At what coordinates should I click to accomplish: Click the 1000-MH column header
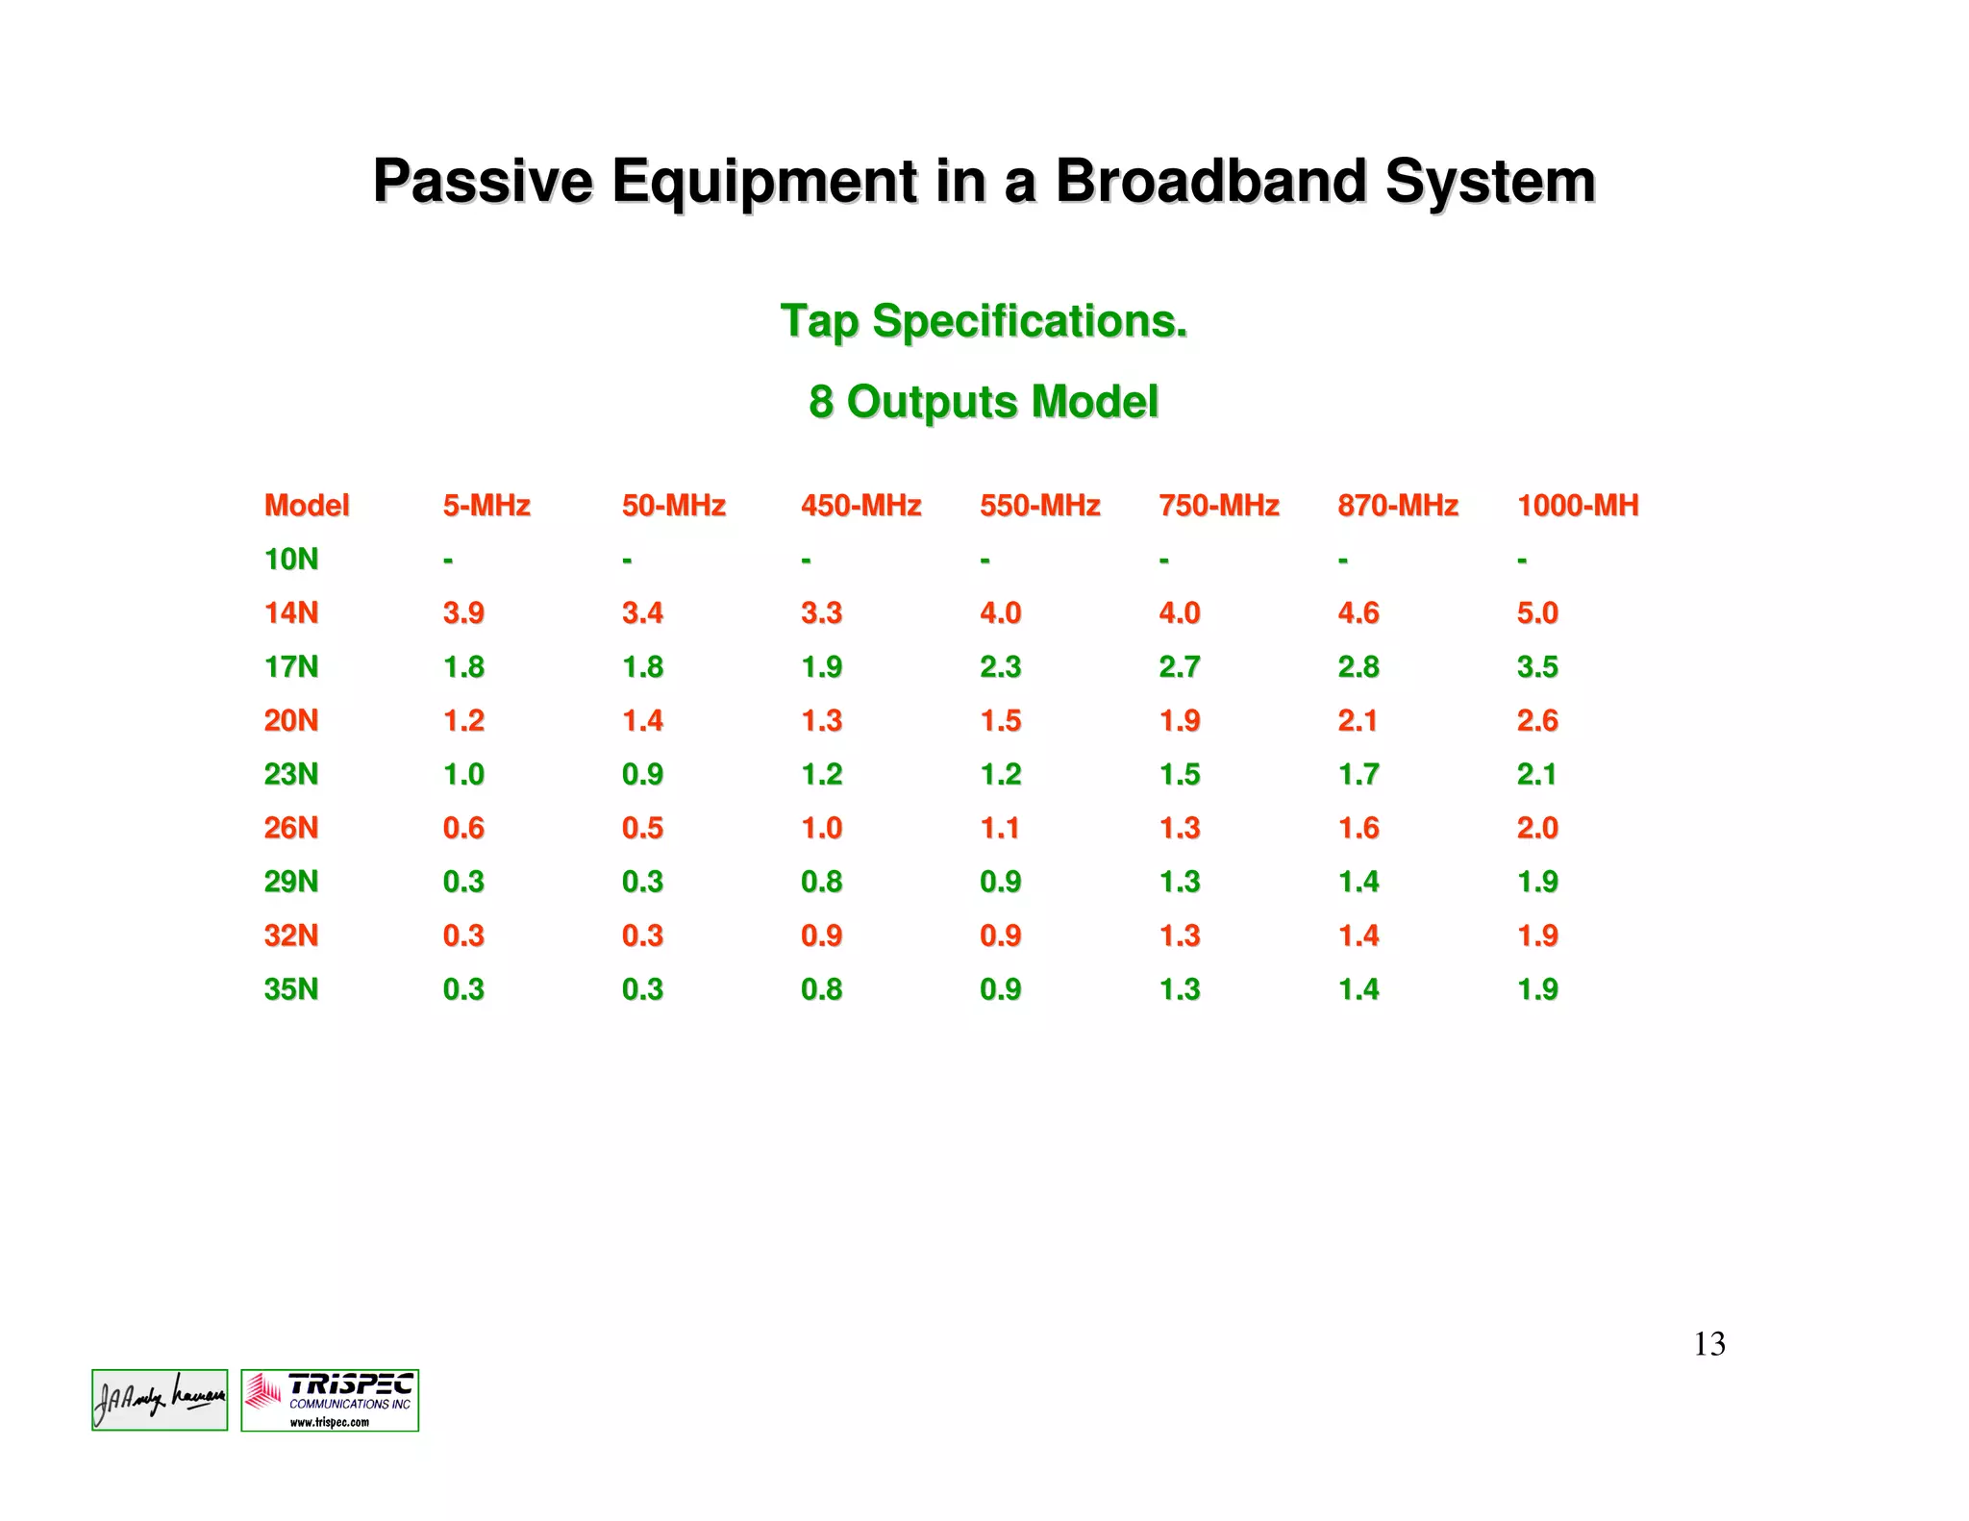[1577, 506]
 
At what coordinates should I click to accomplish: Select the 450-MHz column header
[860, 506]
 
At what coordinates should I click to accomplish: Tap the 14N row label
[290, 613]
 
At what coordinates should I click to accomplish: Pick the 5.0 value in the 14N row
[1536, 613]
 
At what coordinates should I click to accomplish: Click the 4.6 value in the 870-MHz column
[1358, 613]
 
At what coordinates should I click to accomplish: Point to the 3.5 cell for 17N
[1536, 667]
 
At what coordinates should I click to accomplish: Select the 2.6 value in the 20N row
[1536, 721]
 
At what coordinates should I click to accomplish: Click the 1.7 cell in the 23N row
[1358, 775]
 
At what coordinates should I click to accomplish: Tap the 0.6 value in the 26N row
[462, 829]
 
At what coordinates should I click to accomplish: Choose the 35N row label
[290, 989]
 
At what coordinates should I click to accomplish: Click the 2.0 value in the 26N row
[1536, 829]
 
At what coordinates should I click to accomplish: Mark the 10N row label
[290, 560]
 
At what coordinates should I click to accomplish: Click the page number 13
[1708, 1344]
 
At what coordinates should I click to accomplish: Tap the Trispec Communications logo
[330, 1401]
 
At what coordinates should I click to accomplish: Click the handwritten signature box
[160, 1401]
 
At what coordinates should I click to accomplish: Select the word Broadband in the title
[1210, 182]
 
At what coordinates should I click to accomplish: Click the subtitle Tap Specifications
[984, 321]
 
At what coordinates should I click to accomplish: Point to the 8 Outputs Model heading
[984, 402]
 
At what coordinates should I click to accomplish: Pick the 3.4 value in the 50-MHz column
[641, 613]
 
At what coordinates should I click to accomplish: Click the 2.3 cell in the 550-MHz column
[1000, 667]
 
